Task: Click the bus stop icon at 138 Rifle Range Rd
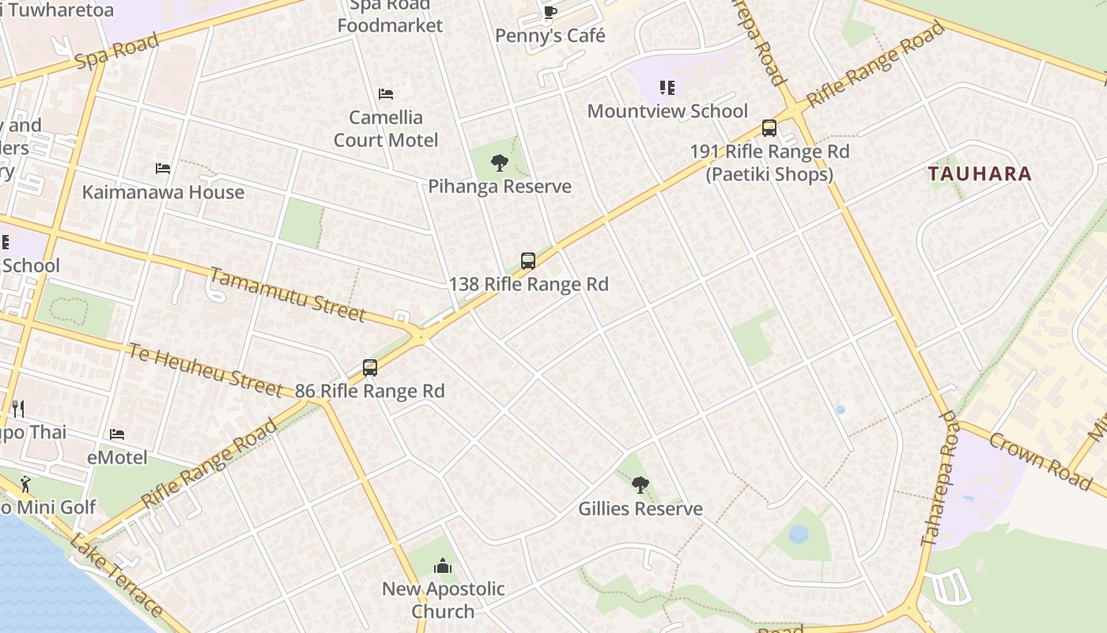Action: [528, 260]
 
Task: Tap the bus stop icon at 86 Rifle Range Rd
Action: [370, 368]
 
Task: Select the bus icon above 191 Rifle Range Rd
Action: [769, 127]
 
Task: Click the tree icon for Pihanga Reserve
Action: [499, 163]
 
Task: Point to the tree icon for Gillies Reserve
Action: [640, 484]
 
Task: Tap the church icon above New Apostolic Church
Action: [443, 566]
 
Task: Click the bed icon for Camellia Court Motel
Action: [386, 94]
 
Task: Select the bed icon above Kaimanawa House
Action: [163, 169]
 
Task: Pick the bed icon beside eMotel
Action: [117, 434]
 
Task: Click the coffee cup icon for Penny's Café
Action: [550, 11]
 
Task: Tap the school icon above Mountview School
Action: [667, 88]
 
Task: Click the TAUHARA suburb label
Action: [980, 174]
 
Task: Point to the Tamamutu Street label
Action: [288, 295]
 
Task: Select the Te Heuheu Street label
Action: [205, 370]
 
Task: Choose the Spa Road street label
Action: [116, 50]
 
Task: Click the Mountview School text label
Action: [667, 111]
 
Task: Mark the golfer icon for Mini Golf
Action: [26, 483]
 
